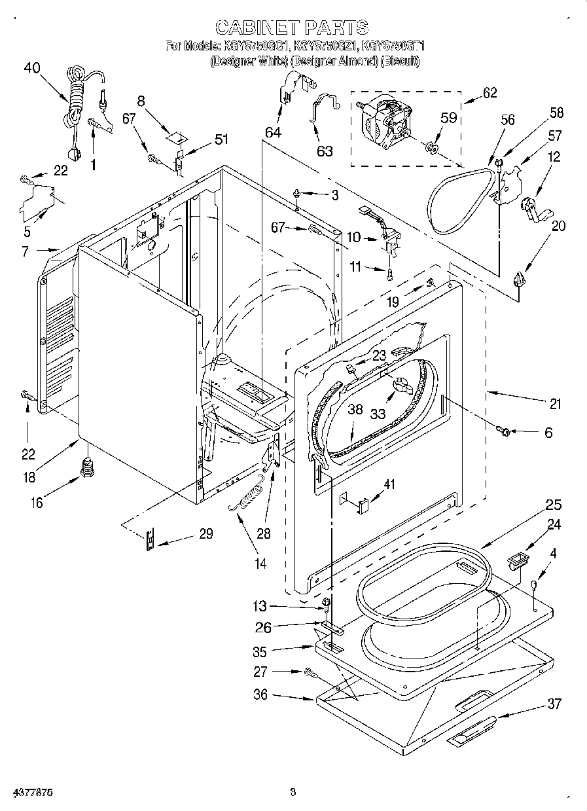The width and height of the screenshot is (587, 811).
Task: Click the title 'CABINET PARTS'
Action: click(292, 27)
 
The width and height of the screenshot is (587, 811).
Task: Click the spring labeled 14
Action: click(246, 501)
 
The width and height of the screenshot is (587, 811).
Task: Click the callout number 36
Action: click(261, 694)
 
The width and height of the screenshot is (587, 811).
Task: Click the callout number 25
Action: click(554, 505)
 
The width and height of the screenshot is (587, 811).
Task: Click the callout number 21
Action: click(556, 405)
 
